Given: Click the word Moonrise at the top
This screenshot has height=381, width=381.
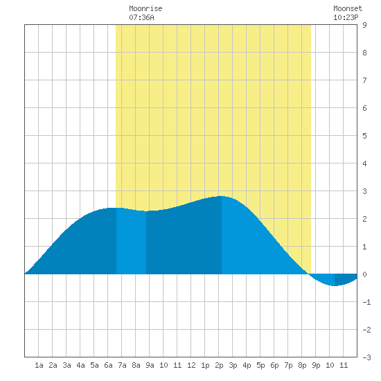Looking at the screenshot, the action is (145, 8).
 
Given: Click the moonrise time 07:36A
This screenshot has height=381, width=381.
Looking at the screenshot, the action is (141, 17).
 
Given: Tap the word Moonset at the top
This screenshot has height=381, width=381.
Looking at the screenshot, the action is (348, 8).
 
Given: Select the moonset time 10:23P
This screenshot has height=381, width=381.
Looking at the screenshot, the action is (346, 17).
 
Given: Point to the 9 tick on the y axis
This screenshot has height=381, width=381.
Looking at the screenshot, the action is (364, 25).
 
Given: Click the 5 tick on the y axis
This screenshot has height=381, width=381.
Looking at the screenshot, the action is (364, 136).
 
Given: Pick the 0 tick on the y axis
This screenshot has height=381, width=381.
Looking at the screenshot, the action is (364, 274).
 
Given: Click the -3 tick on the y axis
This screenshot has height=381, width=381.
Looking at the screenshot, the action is (366, 357).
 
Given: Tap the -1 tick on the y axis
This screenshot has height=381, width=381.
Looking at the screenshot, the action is (366, 302).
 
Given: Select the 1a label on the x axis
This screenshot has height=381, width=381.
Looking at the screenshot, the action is (39, 365).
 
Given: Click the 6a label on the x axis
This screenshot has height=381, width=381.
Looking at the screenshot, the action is (108, 365).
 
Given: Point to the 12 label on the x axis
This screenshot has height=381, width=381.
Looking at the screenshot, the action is (191, 365).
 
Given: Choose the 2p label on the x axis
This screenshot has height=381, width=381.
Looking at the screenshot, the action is (219, 365).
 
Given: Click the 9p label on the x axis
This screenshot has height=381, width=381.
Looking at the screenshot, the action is (316, 365).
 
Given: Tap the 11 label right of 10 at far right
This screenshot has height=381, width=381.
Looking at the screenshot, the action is (344, 365).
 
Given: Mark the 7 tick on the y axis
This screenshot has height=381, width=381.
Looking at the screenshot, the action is (364, 80).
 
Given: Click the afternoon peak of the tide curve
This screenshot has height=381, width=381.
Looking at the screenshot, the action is (221, 196).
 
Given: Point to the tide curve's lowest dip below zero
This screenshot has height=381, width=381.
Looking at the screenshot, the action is (335, 285).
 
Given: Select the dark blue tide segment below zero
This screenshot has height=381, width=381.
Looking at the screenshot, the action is (345, 279).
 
